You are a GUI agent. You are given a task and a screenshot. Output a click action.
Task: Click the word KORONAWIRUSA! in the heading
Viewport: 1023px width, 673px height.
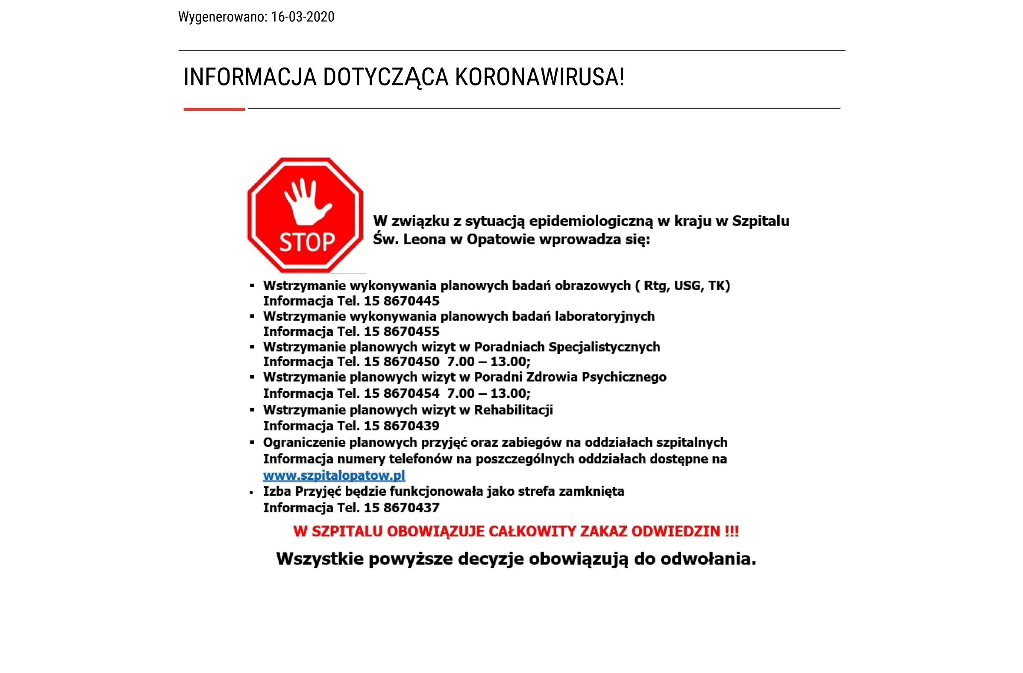pyautogui.click(x=539, y=77)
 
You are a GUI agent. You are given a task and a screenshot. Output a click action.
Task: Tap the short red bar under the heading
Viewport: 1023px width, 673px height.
pyautogui.click(x=214, y=109)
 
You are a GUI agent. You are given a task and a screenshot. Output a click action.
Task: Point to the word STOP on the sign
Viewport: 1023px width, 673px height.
pyautogui.click(x=307, y=242)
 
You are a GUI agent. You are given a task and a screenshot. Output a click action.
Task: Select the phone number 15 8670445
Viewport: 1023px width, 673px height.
pyautogui.click(x=401, y=301)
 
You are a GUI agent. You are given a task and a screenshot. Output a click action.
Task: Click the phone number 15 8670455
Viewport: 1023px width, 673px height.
pyautogui.click(x=401, y=331)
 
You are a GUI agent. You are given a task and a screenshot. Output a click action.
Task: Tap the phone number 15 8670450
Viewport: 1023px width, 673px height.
pyautogui.click(x=401, y=361)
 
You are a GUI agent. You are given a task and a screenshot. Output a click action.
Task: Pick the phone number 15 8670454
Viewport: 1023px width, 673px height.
pyautogui.click(x=401, y=393)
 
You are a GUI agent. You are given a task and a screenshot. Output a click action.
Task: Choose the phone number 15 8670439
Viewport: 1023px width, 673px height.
pyautogui.click(x=401, y=426)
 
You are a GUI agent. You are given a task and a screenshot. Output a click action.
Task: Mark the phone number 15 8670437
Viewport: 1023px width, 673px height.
pyautogui.click(x=401, y=508)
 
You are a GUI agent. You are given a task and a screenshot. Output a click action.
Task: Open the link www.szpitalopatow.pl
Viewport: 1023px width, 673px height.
pyautogui.click(x=334, y=475)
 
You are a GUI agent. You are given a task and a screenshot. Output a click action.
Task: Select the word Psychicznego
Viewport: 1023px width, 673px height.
pyautogui.click(x=624, y=377)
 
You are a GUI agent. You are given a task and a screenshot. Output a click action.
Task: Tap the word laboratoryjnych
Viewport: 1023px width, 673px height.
pyautogui.click(x=604, y=316)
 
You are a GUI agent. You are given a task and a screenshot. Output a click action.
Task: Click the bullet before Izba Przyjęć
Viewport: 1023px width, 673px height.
pyautogui.click(x=251, y=493)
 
